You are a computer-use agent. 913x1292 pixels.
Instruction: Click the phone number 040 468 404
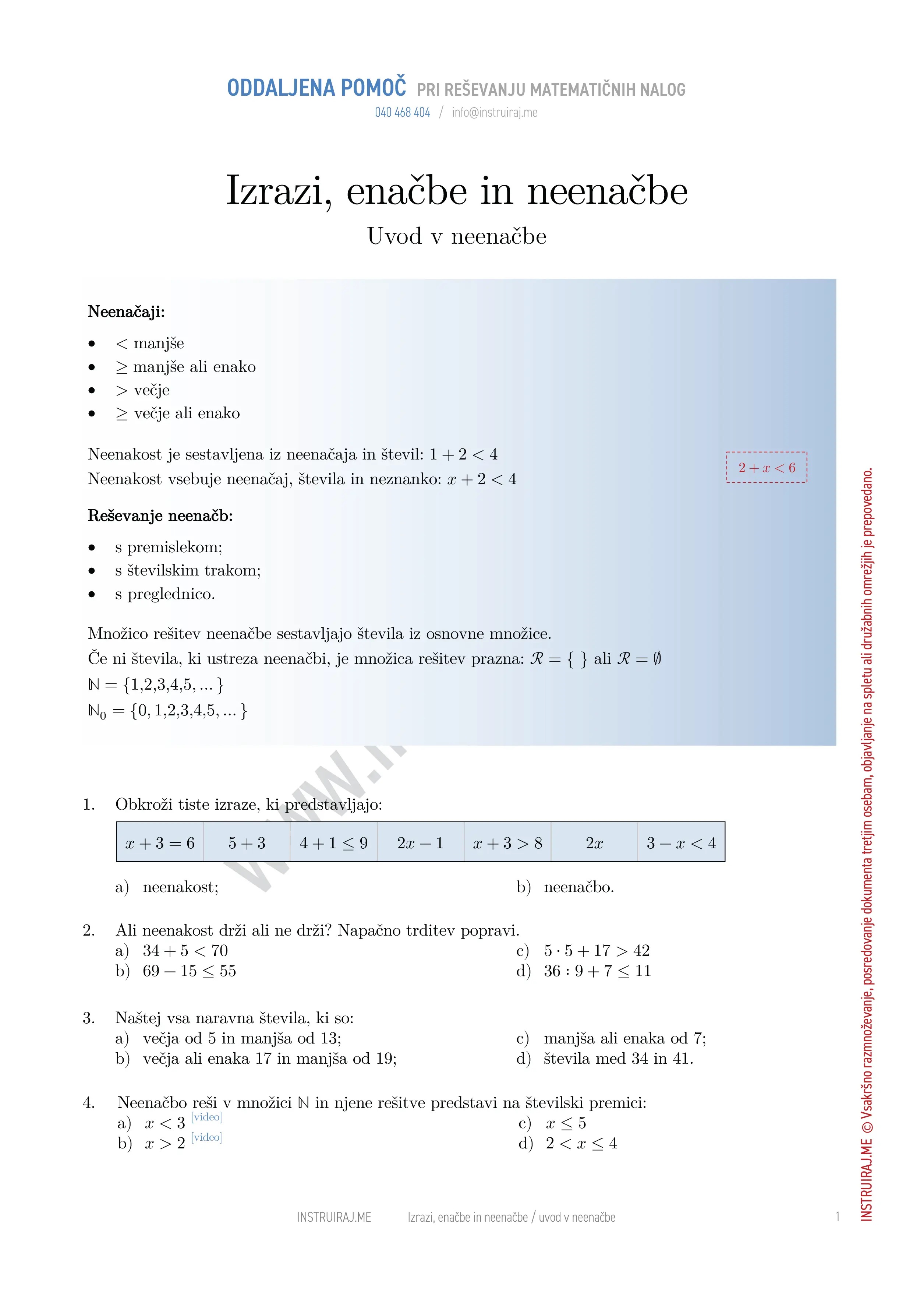[402, 113]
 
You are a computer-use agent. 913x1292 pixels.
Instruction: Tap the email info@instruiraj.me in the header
[495, 113]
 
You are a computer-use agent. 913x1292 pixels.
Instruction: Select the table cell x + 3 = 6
[160, 843]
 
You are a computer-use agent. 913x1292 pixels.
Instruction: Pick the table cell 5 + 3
[247, 843]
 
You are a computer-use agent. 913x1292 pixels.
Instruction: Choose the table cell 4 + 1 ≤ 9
[333, 843]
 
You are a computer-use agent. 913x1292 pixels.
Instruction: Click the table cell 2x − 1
[420, 843]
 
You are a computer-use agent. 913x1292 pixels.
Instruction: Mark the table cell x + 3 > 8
[507, 843]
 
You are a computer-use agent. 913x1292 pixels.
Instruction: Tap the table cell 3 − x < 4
[681, 843]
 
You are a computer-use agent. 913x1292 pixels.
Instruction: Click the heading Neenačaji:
[126, 312]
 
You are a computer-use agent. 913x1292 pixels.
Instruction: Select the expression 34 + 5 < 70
[185, 951]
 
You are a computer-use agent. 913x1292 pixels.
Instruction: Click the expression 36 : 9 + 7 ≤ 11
[597, 971]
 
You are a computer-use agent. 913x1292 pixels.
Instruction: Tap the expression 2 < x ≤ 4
[581, 1144]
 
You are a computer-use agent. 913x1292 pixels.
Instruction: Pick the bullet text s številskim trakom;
[188, 571]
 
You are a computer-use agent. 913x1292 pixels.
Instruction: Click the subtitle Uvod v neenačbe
[456, 236]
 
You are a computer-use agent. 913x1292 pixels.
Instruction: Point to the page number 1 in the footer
[838, 1217]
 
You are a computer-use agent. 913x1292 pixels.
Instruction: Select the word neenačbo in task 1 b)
[579, 887]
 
